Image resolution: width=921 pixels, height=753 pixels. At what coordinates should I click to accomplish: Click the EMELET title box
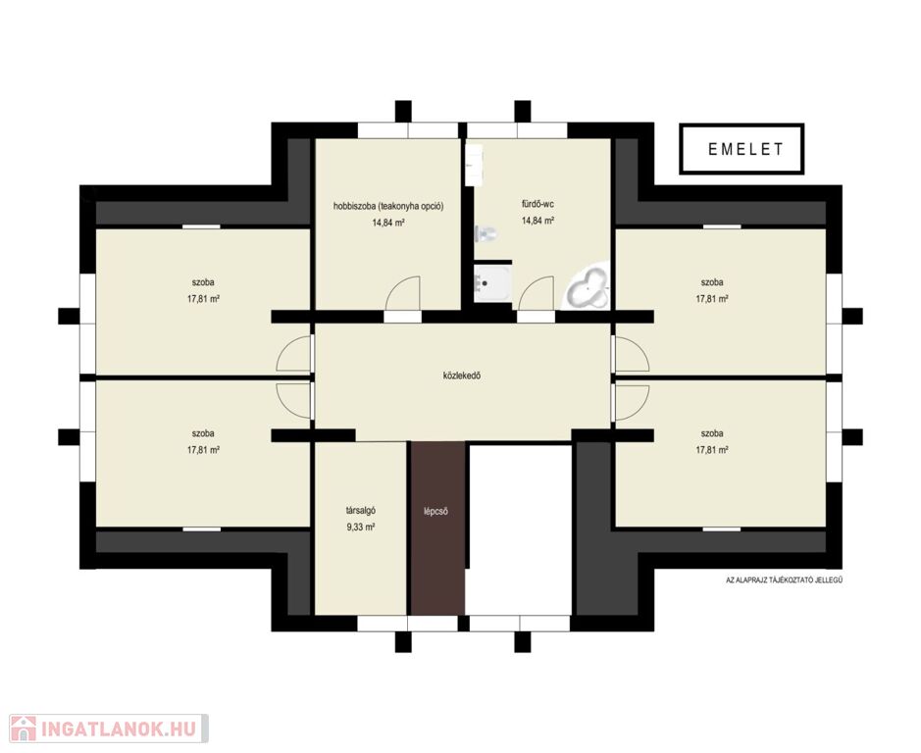tap(742, 149)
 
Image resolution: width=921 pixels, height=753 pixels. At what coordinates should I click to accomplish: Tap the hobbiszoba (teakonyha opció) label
tap(388, 206)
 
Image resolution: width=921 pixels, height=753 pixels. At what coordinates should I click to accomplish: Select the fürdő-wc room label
tap(537, 204)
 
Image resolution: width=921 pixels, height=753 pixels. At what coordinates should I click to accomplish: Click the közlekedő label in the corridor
tap(462, 376)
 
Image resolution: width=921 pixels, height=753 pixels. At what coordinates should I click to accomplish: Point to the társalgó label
tap(361, 511)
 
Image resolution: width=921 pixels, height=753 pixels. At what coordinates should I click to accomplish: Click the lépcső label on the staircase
tap(436, 511)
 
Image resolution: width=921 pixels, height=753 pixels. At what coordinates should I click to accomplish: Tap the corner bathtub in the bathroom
tap(587, 287)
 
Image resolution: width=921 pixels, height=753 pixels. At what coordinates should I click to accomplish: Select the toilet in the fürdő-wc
tap(486, 233)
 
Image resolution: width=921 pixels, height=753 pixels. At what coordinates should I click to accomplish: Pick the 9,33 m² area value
tap(361, 527)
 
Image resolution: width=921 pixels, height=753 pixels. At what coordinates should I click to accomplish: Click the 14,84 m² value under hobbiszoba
tap(388, 224)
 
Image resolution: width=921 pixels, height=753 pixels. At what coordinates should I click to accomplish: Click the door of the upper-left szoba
tap(293, 354)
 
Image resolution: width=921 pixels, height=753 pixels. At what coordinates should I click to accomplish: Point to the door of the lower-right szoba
tap(632, 403)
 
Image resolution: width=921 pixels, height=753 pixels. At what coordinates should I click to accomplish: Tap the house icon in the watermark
tap(23, 728)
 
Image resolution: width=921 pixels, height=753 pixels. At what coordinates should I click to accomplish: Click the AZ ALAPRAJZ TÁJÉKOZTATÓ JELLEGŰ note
tap(785, 579)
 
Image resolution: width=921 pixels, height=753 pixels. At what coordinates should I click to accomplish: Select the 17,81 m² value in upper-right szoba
tap(712, 299)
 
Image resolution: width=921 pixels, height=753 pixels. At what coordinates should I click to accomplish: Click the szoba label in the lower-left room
tap(203, 433)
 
